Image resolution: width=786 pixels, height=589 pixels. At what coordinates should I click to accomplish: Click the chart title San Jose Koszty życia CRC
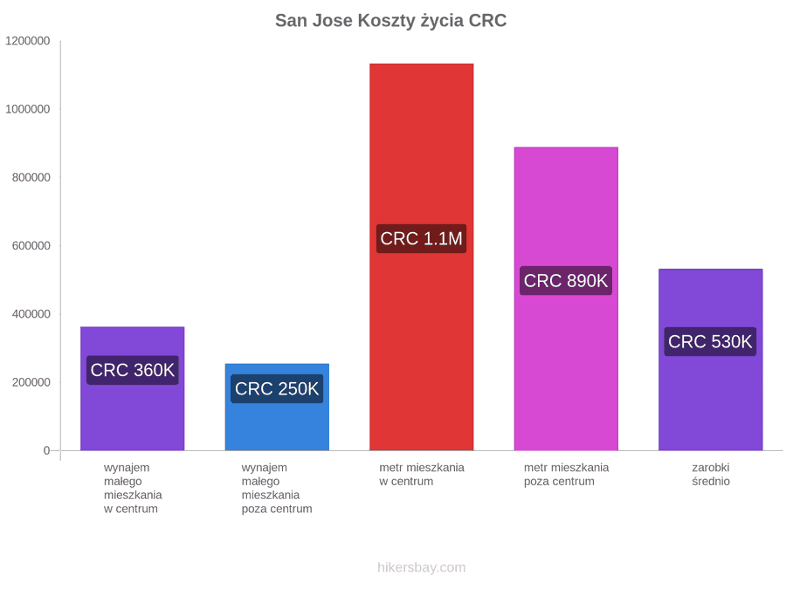pyautogui.click(x=391, y=21)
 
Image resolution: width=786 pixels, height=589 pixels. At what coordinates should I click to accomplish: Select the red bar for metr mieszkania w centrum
pyautogui.click(x=422, y=257)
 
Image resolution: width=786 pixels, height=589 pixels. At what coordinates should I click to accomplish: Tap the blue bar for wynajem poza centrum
pyautogui.click(x=277, y=408)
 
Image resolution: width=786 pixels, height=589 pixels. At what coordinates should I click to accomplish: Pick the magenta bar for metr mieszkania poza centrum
pyautogui.click(x=566, y=299)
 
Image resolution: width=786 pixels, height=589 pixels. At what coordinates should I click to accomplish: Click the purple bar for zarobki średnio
pyautogui.click(x=711, y=360)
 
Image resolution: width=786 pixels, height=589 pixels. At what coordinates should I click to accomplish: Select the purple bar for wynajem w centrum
pyautogui.click(x=133, y=388)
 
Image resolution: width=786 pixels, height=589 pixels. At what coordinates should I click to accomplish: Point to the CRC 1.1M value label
pyautogui.click(x=422, y=238)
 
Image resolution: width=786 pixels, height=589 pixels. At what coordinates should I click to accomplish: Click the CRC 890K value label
pyautogui.click(x=566, y=280)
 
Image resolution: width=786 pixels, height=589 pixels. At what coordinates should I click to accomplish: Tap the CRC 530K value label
pyautogui.click(x=710, y=341)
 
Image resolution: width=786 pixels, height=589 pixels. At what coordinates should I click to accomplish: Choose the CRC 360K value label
pyautogui.click(x=133, y=370)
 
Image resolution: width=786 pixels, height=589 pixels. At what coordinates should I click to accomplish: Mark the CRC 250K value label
pyautogui.click(x=277, y=388)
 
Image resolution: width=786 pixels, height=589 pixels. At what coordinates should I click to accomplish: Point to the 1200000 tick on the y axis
pyautogui.click(x=28, y=41)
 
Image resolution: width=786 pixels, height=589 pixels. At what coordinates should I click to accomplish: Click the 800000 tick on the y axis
pyautogui.click(x=31, y=177)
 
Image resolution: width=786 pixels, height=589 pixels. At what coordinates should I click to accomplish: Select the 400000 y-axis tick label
pyautogui.click(x=31, y=314)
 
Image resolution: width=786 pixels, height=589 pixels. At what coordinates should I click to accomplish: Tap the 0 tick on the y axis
pyautogui.click(x=46, y=451)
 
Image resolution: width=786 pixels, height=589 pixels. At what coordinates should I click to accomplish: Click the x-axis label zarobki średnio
pyautogui.click(x=711, y=475)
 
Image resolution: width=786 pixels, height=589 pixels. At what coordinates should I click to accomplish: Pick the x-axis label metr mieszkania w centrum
pyautogui.click(x=422, y=475)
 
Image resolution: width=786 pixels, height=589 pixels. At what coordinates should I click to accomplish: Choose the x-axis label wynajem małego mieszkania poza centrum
pyautogui.click(x=277, y=489)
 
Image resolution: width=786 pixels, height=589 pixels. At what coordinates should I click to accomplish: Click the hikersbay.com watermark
pyautogui.click(x=422, y=567)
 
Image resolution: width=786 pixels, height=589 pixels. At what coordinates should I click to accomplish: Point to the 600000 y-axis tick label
pyautogui.click(x=31, y=246)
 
